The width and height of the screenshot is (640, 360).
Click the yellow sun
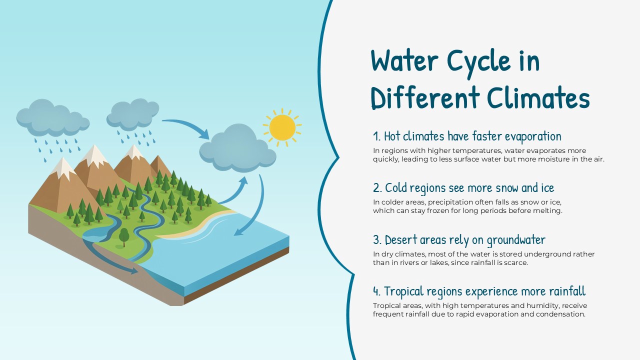tap(282, 127)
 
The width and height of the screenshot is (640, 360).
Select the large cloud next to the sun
tap(237, 147)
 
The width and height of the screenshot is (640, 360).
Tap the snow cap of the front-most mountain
tap(63, 167)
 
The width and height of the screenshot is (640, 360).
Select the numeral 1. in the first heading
tap(377, 136)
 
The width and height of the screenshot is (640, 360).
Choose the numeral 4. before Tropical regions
tap(377, 291)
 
